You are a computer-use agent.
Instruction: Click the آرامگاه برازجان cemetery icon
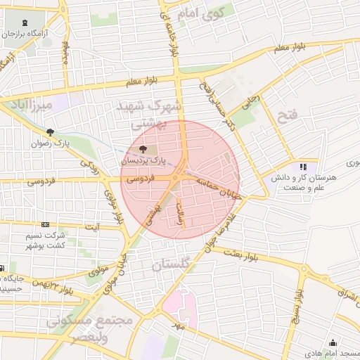26,22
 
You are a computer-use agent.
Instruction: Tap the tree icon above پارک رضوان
50,131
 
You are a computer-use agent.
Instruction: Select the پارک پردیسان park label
143,160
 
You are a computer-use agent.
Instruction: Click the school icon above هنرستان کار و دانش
304,167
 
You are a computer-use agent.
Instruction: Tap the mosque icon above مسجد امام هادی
312,342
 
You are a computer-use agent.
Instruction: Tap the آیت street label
92,226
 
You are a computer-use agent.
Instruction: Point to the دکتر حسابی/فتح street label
212,98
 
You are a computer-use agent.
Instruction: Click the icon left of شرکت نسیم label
45,224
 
